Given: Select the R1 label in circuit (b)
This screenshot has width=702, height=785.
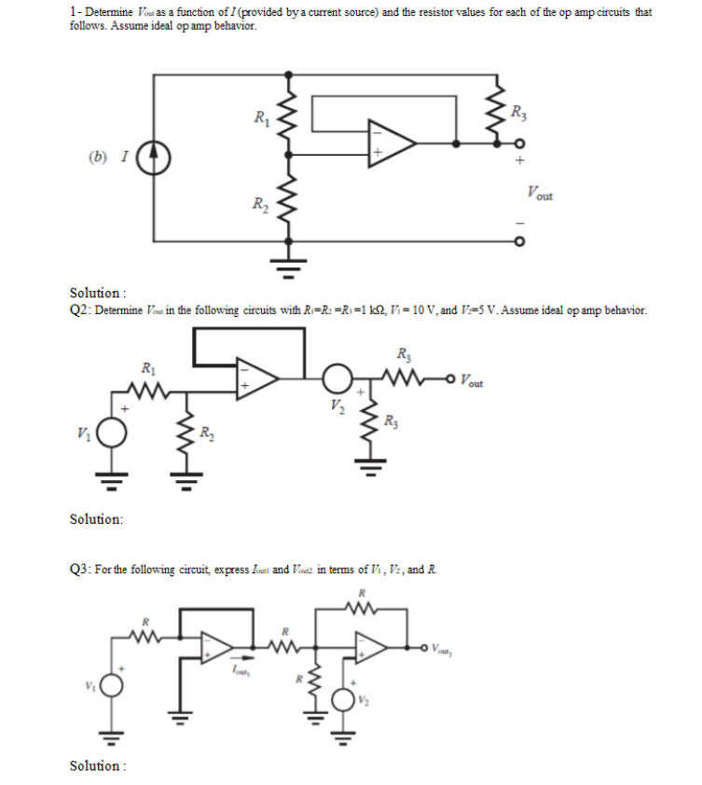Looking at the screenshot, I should (x=261, y=117).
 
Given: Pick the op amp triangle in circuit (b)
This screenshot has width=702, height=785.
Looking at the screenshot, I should (x=392, y=144).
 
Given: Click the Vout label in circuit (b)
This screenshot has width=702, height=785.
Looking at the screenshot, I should (x=538, y=194).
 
